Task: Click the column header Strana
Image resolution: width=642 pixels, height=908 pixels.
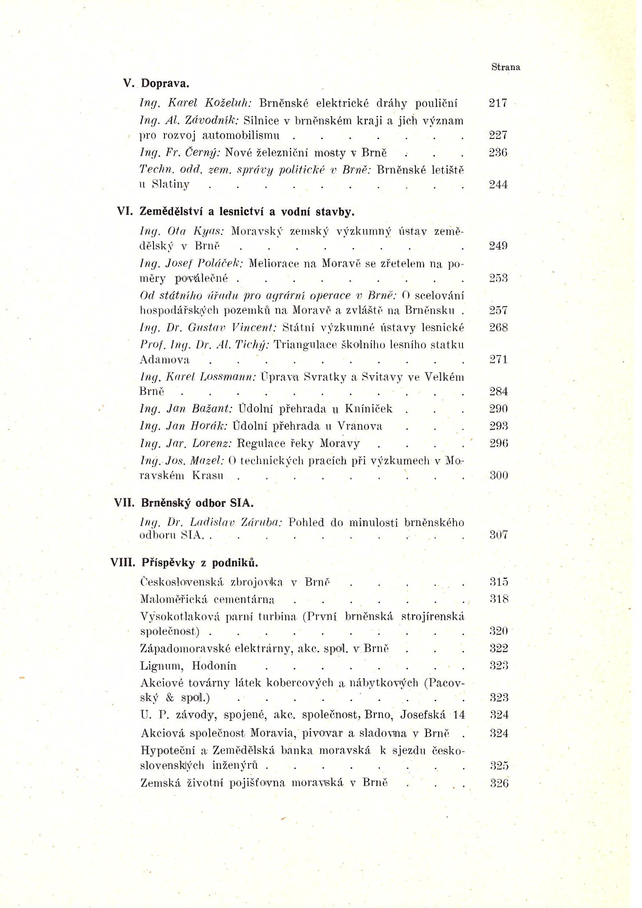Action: tap(505, 67)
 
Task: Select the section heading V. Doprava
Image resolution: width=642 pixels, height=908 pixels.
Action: tap(156, 83)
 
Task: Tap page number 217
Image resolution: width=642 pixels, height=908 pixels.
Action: tap(497, 103)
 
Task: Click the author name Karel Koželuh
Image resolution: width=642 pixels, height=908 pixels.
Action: tap(209, 103)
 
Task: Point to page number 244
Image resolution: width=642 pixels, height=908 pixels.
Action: tap(498, 185)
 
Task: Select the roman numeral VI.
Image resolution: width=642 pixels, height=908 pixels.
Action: tap(125, 211)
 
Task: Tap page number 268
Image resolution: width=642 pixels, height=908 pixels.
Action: tap(498, 327)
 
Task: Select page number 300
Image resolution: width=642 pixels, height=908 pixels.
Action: tap(498, 475)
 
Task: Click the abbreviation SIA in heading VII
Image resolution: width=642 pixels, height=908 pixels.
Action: tap(241, 503)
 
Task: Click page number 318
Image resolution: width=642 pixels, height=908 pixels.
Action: tap(499, 599)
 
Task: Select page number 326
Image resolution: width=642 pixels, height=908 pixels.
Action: tap(499, 783)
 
